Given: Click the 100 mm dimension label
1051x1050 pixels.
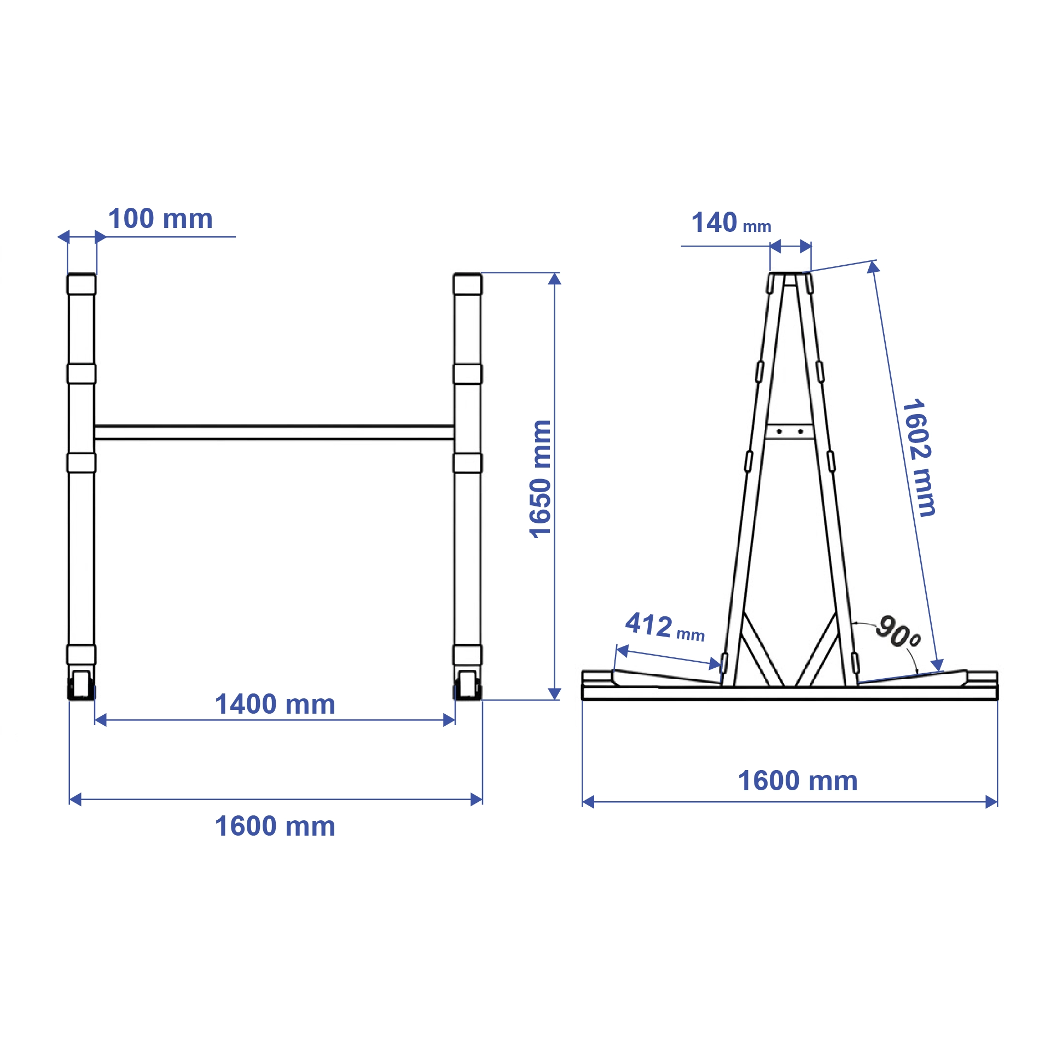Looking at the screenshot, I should tap(160, 219).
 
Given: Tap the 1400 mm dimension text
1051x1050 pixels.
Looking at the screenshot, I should tap(275, 704).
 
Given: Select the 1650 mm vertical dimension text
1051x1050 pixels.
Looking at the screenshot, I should tap(541, 479).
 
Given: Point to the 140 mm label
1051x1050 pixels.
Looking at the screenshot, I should tap(730, 223).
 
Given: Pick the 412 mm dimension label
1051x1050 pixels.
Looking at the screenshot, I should tap(664, 627).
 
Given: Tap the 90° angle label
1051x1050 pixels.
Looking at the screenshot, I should tap(897, 632).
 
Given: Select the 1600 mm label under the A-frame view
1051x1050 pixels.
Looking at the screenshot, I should tap(797, 781).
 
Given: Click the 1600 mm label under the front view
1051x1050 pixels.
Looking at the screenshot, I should tap(275, 826).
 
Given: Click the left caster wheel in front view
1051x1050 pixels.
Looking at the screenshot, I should tap(81, 685).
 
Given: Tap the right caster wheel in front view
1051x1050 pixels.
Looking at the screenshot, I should tap(467, 685).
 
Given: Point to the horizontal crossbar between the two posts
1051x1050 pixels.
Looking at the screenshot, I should tap(274, 433).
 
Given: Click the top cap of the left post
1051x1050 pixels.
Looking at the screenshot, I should tap(81, 284).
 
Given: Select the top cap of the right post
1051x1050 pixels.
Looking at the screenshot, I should tap(467, 284).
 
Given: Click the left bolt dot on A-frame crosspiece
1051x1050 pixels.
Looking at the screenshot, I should tap(779, 431).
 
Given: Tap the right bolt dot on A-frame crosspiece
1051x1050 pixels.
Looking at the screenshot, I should tap(800, 431).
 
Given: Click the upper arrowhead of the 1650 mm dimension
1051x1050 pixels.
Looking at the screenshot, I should tap(554, 279).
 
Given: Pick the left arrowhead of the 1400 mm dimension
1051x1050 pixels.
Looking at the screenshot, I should tap(100, 720).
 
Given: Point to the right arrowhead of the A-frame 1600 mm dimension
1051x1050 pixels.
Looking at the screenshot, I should tap(991, 802).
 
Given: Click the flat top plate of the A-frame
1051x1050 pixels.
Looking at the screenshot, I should tap(790, 273).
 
